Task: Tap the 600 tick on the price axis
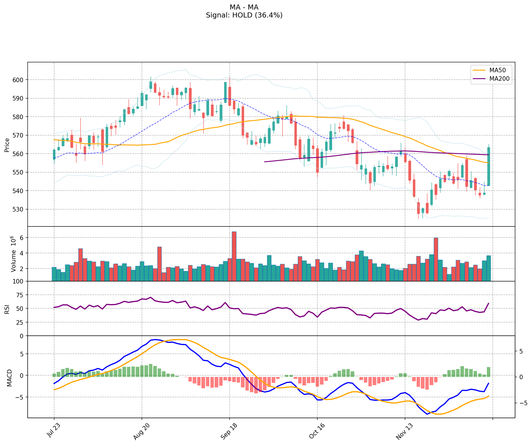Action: pos(20,80)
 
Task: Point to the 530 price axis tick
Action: pos(20,209)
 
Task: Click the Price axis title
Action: pos(7,145)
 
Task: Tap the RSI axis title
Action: pos(7,309)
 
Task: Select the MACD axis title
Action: pos(9,378)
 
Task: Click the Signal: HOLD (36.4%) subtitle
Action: pos(244,15)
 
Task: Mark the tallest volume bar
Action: pos(234,256)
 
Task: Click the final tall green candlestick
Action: pos(489,166)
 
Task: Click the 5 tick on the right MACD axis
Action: pos(521,351)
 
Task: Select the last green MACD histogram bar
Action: pos(489,372)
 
